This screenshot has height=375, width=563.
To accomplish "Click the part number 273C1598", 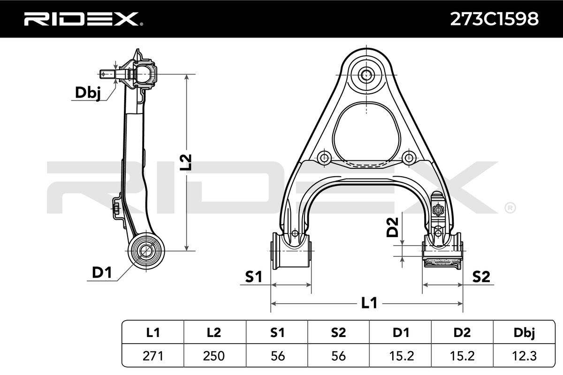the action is point(494,19).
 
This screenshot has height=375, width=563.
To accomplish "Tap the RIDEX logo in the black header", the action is point(81,19).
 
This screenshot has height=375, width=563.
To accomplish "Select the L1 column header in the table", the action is point(153,333).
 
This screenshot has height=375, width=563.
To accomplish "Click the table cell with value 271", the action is point(153,356).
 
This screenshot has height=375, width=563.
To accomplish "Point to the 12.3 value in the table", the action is point(525,356).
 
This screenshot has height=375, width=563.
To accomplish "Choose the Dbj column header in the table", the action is point(525,333).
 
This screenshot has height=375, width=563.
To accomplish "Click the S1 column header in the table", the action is point(277,333).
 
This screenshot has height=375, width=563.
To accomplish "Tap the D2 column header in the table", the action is point(463,333).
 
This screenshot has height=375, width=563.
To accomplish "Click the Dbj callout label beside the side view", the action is point(88,93).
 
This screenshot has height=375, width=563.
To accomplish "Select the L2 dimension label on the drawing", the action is point(187,162).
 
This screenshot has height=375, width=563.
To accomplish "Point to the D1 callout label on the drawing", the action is point(102,272).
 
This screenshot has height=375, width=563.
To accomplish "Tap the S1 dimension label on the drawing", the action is point(253,277).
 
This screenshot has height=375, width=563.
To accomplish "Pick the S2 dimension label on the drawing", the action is point(481,277).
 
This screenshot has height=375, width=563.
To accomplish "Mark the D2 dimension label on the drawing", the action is point(393,226).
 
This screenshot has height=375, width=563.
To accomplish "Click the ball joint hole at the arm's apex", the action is point(365,74).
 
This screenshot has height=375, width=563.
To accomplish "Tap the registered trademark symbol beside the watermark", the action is point(510,207).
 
